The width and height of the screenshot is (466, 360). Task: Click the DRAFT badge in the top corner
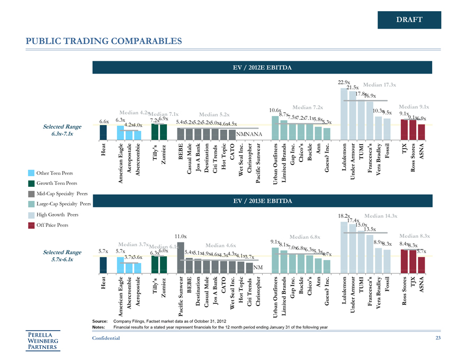pos(409,20)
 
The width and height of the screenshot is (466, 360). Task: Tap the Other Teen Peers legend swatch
pos(32,173)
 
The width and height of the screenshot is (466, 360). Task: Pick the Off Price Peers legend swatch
pos(32,225)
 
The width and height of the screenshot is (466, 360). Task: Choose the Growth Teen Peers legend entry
pos(55,183)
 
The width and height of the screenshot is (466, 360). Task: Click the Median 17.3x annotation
pos(380,85)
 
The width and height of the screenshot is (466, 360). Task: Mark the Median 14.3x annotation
pos(381,216)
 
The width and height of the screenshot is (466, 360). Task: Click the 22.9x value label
pos(344,82)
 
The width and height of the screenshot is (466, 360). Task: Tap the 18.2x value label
pos(344,216)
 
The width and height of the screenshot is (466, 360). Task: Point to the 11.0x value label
pos(181,236)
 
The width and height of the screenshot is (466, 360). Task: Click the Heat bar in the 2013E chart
pos(103,263)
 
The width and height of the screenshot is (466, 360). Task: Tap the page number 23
pos(437,338)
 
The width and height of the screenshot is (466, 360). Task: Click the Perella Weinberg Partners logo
pos(44,340)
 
